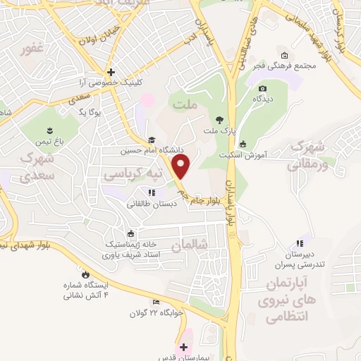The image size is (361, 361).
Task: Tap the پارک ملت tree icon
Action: pos(220,121)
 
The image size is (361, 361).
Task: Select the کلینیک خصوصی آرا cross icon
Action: pos(110,72)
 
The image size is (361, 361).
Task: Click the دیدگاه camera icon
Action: pos(263,89)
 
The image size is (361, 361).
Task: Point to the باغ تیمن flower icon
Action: pos(50,130)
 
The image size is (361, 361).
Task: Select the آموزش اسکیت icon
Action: pos(243,145)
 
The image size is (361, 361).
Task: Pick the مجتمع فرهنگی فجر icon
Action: pos(284,56)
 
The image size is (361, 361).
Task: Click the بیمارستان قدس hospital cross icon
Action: pos(183,347)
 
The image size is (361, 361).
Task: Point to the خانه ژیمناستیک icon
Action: pos(130,234)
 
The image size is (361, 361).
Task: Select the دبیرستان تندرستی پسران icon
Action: pos(305,243)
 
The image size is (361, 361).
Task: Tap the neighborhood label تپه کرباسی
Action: pos(134,173)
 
